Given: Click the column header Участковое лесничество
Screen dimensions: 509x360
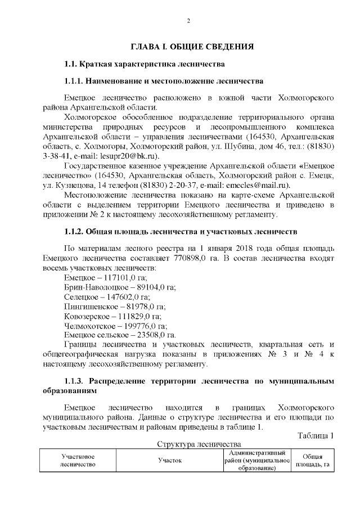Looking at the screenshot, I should click(78, 460).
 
